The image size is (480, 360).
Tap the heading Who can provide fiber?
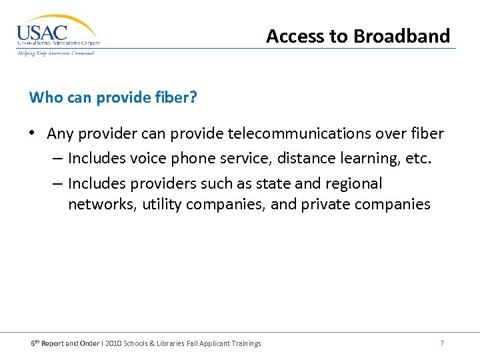pos(113,97)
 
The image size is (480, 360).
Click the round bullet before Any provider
pos(32,134)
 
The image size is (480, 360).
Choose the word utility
pos(159,205)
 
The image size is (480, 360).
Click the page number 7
pos(442,343)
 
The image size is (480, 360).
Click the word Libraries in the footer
pos(184,343)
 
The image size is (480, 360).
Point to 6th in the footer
pos(36,343)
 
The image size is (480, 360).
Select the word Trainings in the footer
pos(244,343)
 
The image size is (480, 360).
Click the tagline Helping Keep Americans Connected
pos(56,53)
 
